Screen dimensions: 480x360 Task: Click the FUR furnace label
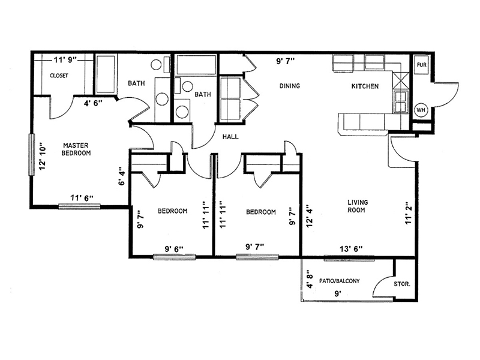[x=422, y=65]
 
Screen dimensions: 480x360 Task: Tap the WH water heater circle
[x=421, y=110]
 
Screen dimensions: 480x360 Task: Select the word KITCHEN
[x=365, y=86]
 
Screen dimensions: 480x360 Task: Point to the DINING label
[x=290, y=86]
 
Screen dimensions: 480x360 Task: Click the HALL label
[x=230, y=137]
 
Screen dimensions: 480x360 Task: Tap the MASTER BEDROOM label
[x=76, y=149]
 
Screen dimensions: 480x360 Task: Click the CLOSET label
[x=59, y=76]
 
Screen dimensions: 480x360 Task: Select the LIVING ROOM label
[x=357, y=206]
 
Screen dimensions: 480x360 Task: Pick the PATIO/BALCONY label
[x=339, y=281]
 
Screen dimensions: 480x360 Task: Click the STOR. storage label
[x=401, y=284]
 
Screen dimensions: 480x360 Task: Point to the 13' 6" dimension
[x=351, y=249]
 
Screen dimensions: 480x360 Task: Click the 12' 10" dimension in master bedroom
[x=42, y=156]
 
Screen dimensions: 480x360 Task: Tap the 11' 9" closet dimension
[x=65, y=59]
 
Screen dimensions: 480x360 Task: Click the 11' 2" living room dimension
[x=409, y=214]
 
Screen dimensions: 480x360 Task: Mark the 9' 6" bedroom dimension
[x=174, y=249]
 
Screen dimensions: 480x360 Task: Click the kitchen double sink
[x=401, y=102]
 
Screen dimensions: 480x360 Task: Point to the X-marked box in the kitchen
[x=401, y=80]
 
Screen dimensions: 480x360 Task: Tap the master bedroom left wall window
[x=31, y=155]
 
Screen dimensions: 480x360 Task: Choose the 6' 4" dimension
[x=122, y=176]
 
